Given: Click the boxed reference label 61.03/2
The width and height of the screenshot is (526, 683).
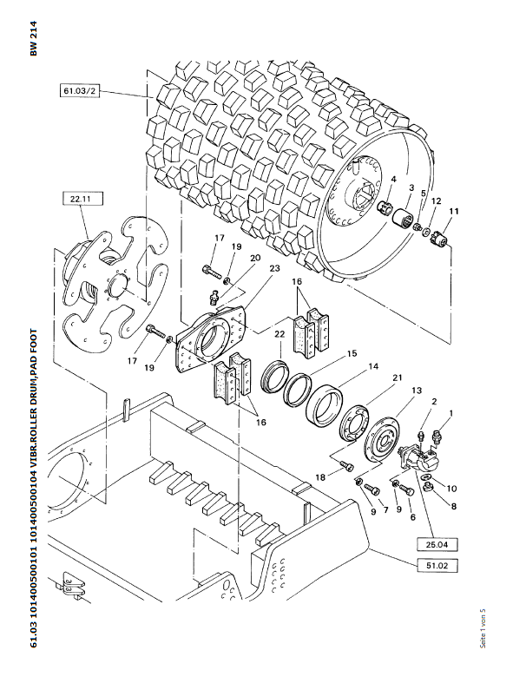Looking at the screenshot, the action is pyautogui.click(x=79, y=91).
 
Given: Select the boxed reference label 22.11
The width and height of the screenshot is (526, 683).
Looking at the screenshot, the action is pyautogui.click(x=83, y=200).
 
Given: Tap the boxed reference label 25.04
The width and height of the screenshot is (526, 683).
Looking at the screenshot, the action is pyautogui.click(x=437, y=544).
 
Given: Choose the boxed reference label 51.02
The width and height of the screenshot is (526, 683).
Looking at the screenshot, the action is pyautogui.click(x=437, y=565).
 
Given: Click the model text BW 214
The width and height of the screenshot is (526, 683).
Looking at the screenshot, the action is pyautogui.click(x=34, y=38).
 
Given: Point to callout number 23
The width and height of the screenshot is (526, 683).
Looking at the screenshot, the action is pyautogui.click(x=274, y=268).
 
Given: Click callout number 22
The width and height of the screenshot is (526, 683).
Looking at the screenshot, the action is pyautogui.click(x=279, y=334).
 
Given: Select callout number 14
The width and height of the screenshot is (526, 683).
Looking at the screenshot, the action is pyautogui.click(x=373, y=366).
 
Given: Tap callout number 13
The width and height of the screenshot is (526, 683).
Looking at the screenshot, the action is pyautogui.click(x=417, y=391).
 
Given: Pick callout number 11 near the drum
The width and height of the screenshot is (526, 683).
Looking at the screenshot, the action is pyautogui.click(x=454, y=211).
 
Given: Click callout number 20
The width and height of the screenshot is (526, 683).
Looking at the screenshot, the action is pyautogui.click(x=255, y=258).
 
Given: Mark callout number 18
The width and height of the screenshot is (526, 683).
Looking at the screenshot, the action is pyautogui.click(x=320, y=477).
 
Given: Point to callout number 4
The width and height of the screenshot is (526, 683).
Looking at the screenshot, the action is pyautogui.click(x=393, y=179).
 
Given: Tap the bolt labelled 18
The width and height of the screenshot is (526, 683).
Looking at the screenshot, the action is pyautogui.click(x=347, y=466).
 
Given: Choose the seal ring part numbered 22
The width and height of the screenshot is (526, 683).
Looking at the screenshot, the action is pyautogui.click(x=275, y=377).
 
